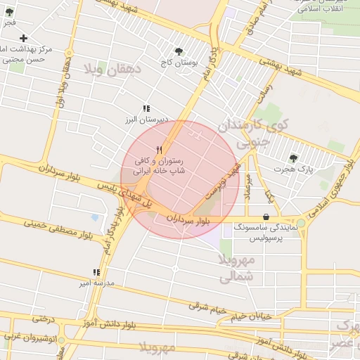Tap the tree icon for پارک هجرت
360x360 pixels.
pyautogui.click(x=293, y=157)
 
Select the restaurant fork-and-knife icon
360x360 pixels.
pyautogui.click(x=160, y=150)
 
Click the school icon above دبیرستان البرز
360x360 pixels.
pyautogui.click(x=146, y=108)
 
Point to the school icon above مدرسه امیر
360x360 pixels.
pyautogui.click(x=96, y=272)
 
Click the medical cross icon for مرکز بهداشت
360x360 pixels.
pyautogui.click(x=24, y=38)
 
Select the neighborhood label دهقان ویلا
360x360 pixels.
pyautogui.click(x=112, y=69)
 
